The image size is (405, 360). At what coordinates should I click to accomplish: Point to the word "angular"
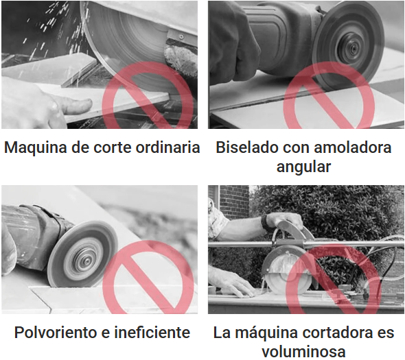[x=303, y=167]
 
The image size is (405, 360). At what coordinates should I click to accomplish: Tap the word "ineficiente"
[x=152, y=332]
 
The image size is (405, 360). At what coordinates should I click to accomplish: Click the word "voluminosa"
[x=303, y=352]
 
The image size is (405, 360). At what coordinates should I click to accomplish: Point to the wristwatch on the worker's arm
[x=264, y=222]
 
